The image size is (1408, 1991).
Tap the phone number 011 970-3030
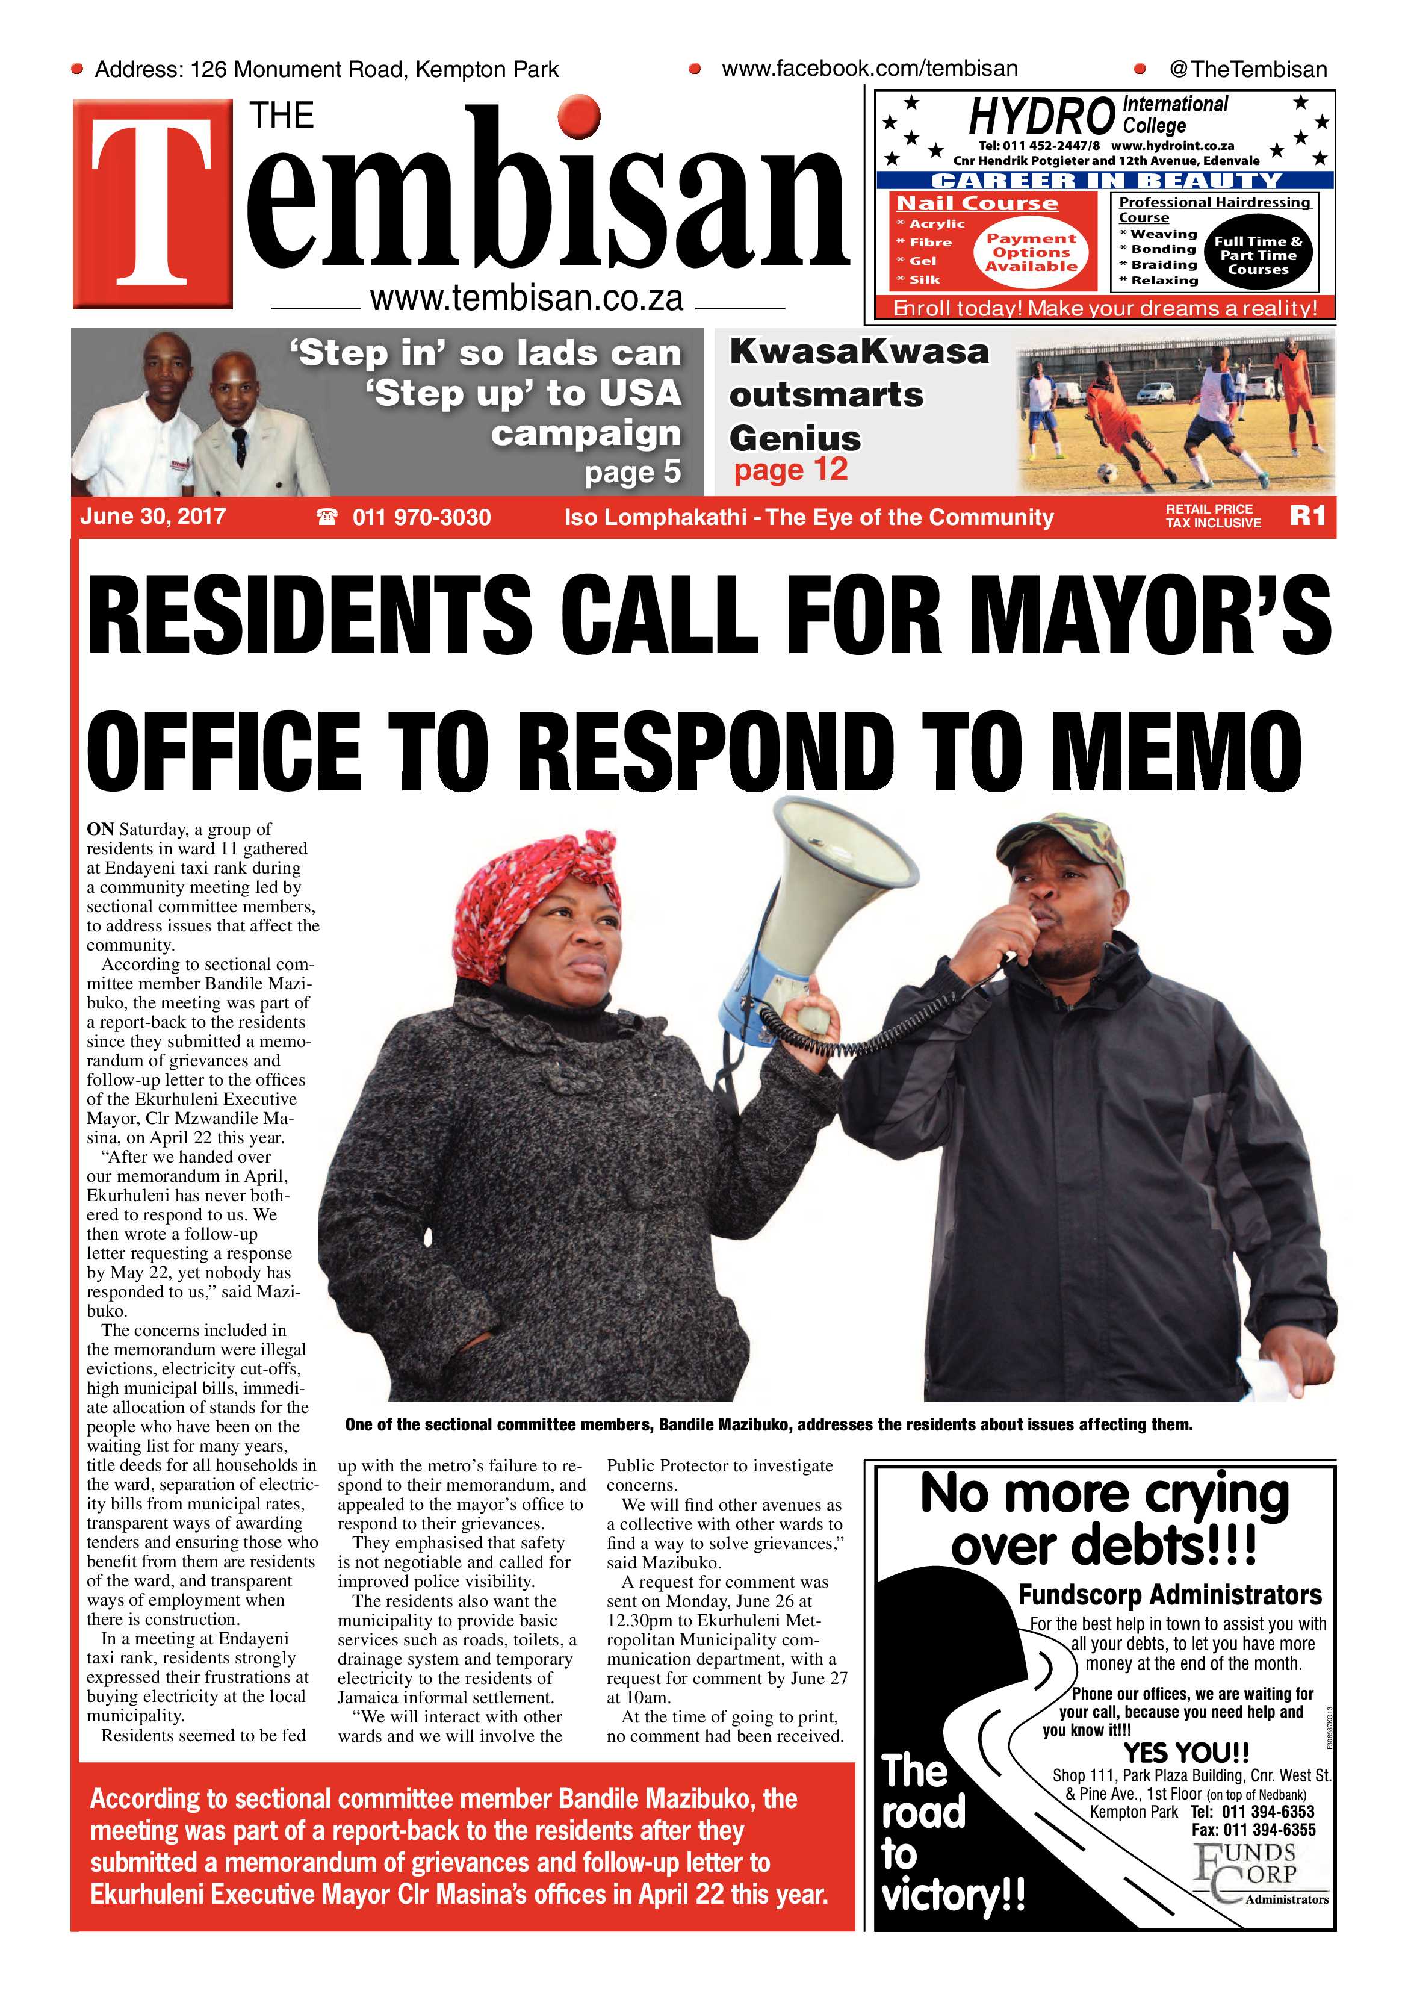click(421, 518)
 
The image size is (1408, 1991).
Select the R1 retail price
click(1307, 516)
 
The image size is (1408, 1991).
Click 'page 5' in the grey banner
click(632, 473)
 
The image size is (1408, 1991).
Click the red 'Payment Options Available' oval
click(1031, 252)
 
